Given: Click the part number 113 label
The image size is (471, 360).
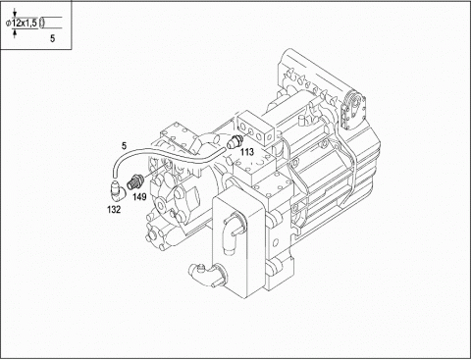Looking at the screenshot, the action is click(x=247, y=152).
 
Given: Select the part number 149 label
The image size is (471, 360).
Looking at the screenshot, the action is click(x=139, y=197).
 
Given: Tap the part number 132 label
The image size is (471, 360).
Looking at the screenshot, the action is click(x=114, y=210).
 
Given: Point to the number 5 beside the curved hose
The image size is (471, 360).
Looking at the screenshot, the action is click(x=124, y=146).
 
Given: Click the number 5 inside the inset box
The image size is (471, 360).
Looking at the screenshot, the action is click(x=52, y=38).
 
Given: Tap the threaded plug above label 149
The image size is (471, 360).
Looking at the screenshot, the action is click(x=133, y=182).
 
